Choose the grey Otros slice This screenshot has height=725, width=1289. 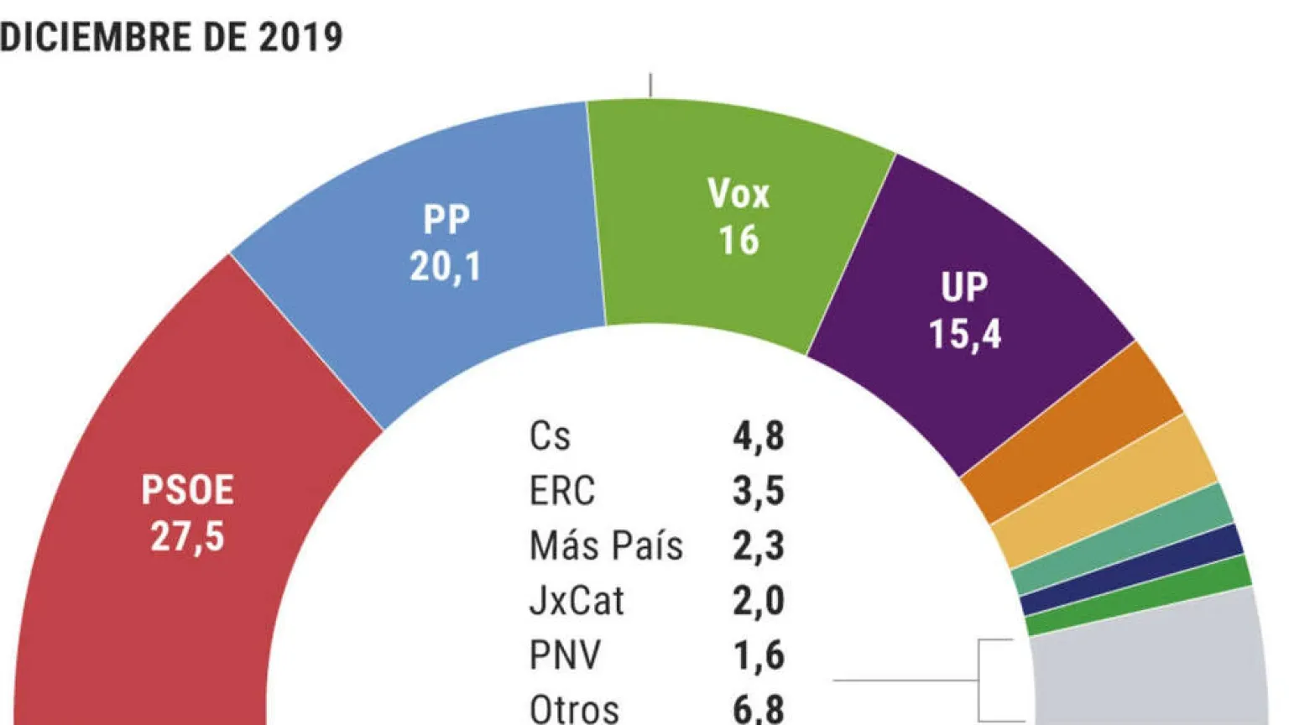(1150, 663)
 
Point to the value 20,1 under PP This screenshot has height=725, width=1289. (445, 267)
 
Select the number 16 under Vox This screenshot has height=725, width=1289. (738, 240)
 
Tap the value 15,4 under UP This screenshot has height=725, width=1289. (964, 334)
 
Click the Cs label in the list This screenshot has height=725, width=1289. (550, 436)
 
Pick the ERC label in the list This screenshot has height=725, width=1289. (561, 491)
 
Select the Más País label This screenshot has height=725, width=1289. (606, 545)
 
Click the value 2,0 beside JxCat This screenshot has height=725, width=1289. (759, 601)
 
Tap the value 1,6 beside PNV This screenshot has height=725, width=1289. (759, 655)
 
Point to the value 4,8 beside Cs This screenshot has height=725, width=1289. (759, 436)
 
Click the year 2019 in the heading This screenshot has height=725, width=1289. (300, 37)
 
